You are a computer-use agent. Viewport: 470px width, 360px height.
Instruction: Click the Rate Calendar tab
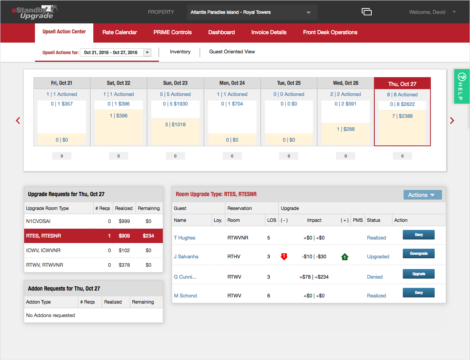[119, 32]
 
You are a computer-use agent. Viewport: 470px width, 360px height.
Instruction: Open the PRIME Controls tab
[172, 32]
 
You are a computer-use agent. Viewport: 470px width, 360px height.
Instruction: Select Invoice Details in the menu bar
[269, 32]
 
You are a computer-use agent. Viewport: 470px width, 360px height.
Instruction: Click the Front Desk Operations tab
[330, 32]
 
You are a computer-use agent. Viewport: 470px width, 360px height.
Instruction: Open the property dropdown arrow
[308, 13]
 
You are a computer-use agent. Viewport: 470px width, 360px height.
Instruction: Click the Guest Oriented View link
[232, 52]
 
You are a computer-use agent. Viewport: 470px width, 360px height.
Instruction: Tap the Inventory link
[180, 52]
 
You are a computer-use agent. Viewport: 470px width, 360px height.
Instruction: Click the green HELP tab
[462, 86]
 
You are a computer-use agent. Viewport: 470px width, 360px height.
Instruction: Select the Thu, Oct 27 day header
[402, 84]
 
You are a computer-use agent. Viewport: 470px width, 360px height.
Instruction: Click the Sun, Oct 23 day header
[175, 83]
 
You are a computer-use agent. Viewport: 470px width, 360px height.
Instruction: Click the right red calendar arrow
[452, 121]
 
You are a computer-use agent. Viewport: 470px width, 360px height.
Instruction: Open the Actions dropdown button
[422, 195]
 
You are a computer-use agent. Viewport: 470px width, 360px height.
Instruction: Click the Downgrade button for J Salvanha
[419, 254]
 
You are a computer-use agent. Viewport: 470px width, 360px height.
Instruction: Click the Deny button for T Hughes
[419, 235]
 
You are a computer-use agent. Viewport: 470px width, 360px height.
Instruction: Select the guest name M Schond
[185, 296]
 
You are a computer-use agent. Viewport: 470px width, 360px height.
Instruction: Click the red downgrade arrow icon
[284, 256]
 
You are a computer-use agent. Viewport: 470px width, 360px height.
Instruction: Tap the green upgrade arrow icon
[344, 257]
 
